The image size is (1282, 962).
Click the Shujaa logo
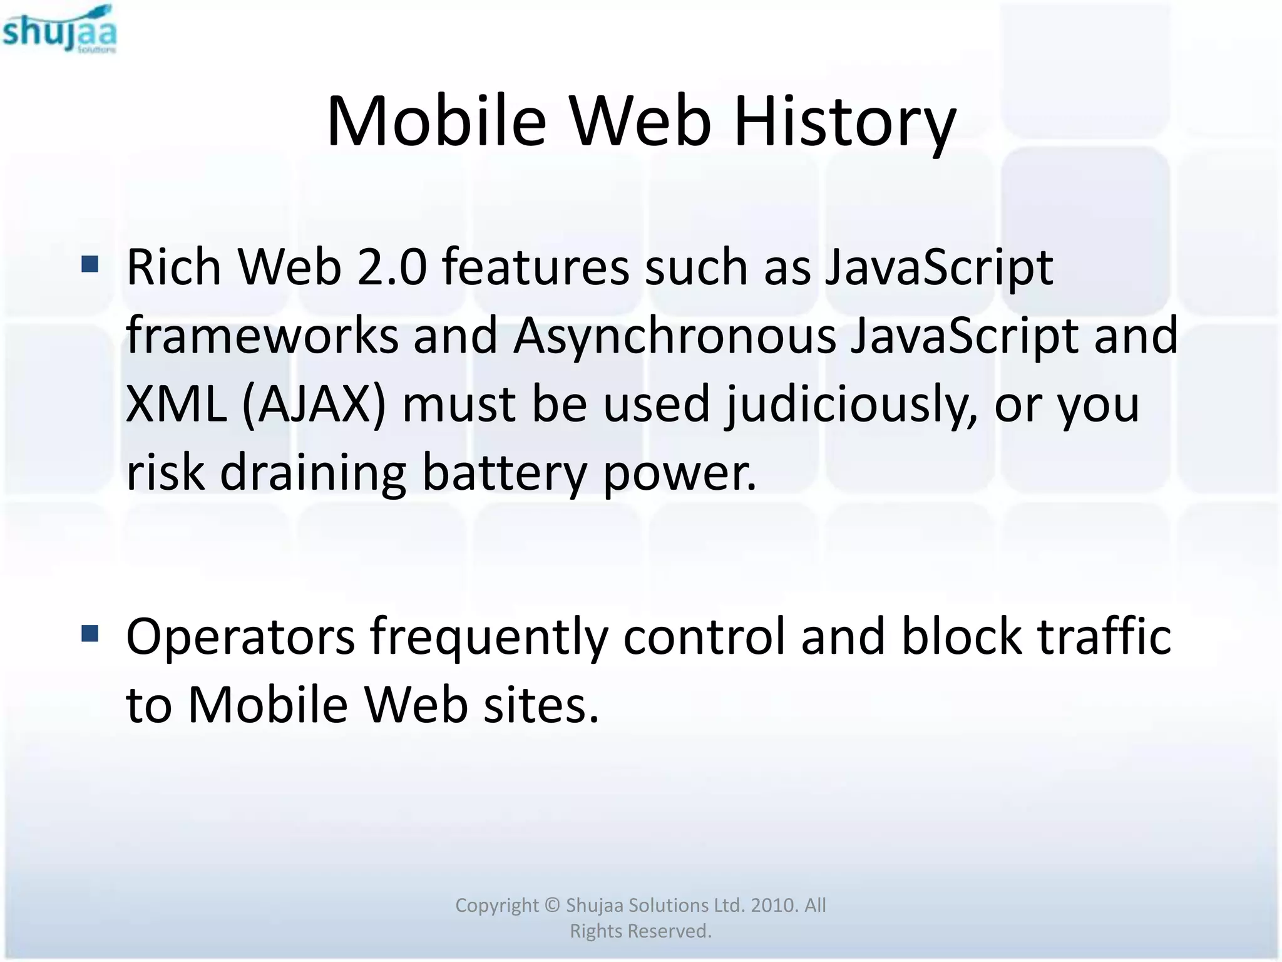(x=59, y=30)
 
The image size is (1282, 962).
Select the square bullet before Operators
(x=90, y=634)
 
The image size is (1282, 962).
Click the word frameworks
(x=262, y=336)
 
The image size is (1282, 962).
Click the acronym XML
(x=176, y=405)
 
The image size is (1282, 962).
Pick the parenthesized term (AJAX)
(x=314, y=405)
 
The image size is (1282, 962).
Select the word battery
(x=505, y=473)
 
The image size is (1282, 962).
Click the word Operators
(x=240, y=638)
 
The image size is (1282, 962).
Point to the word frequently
(x=489, y=638)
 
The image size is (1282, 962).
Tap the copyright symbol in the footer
(x=551, y=906)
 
